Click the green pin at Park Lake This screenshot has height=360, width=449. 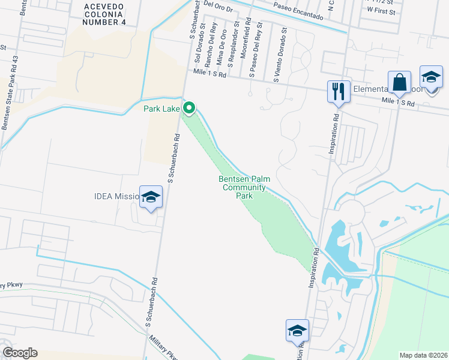[x=189, y=109]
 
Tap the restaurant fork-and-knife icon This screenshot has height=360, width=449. [x=338, y=92]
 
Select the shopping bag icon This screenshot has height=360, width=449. [x=399, y=82]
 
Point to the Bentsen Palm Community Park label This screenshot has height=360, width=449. [x=243, y=187]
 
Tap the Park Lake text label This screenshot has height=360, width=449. [x=161, y=109]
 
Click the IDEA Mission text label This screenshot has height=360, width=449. [x=116, y=196]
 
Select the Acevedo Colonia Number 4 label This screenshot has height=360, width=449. [x=106, y=14]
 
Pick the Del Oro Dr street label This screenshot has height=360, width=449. [x=217, y=4]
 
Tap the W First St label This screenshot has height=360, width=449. [x=381, y=11]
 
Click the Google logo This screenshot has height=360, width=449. [x=20, y=353]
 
